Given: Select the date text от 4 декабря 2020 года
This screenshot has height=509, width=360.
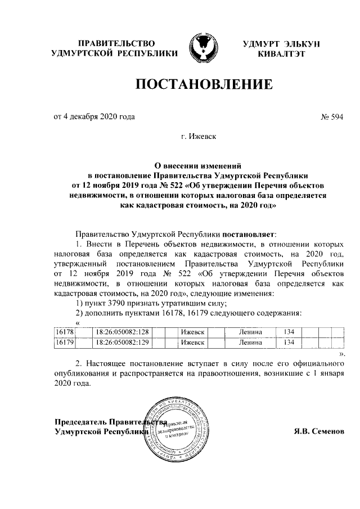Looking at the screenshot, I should pos(94,117).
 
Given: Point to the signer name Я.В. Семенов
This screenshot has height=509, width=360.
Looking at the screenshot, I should pos(317,431).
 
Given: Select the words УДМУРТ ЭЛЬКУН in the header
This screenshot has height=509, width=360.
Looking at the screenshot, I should pos(281,44).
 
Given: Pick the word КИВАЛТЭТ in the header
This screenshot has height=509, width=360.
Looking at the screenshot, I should pos(281,54).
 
